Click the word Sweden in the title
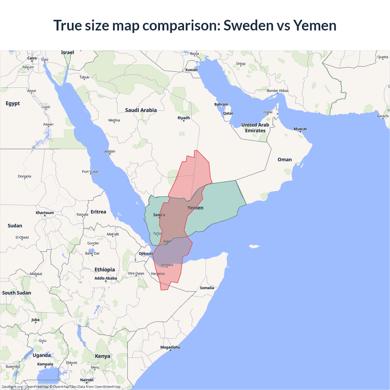[248, 25]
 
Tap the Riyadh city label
[184, 118]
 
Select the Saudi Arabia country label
[141, 110]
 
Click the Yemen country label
[195, 208]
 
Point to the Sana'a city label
[159, 215]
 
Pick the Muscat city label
[300, 129]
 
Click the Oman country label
[285, 160]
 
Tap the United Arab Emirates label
[255, 128]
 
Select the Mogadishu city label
[170, 347]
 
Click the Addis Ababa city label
[106, 278]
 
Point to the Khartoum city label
[45, 213]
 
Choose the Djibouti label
[146, 253]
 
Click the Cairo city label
[32, 58]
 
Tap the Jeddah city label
[110, 151]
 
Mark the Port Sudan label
[90, 172]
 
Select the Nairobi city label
[87, 380]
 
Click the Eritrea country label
[98, 212]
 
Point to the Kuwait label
[191, 70]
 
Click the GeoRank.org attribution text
[12, 387]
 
